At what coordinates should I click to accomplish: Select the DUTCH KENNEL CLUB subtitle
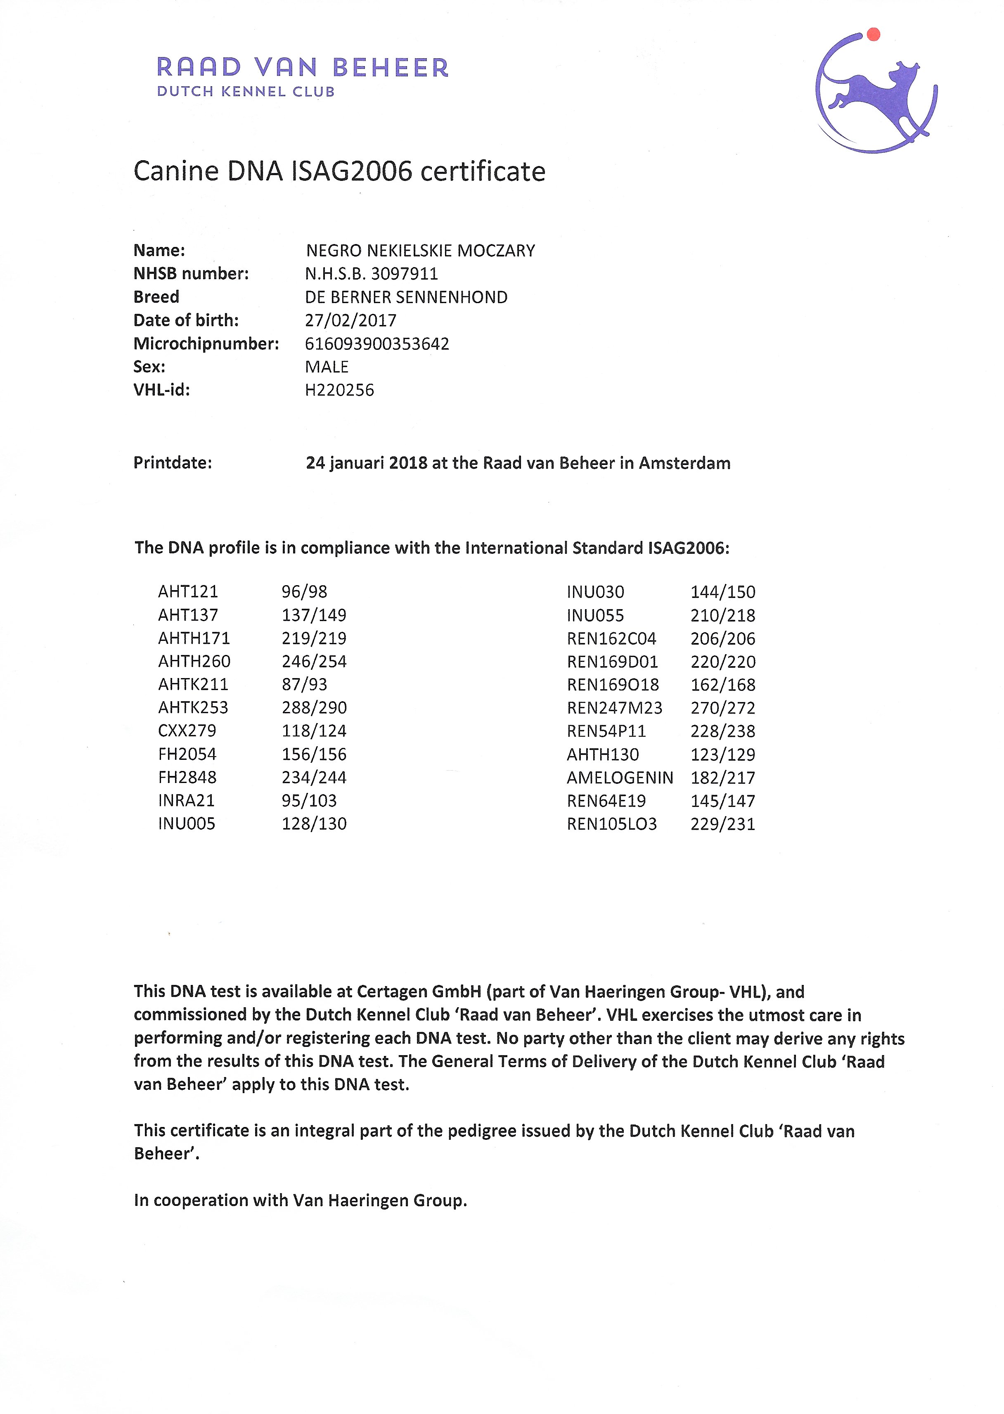pyautogui.click(x=246, y=92)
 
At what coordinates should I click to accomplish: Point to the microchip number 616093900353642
pyautogui.click(x=376, y=344)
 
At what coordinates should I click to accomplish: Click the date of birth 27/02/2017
pyautogui.click(x=350, y=320)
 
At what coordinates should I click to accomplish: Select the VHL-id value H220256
pyautogui.click(x=339, y=390)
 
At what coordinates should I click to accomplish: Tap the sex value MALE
pyautogui.click(x=327, y=367)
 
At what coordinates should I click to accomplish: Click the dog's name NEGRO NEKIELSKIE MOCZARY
pyautogui.click(x=420, y=250)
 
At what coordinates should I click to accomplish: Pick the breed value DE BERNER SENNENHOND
pyautogui.click(x=406, y=297)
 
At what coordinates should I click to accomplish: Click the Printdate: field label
pyautogui.click(x=173, y=463)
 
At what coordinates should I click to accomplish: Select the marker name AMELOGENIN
pyautogui.click(x=620, y=778)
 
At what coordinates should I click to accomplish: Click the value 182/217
pyautogui.click(x=723, y=778)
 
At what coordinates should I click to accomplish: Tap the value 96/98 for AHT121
pyautogui.click(x=304, y=592)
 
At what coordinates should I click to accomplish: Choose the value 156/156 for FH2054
pyautogui.click(x=314, y=754)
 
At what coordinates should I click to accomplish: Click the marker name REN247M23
pyautogui.click(x=615, y=708)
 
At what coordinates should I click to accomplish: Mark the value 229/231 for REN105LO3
pyautogui.click(x=723, y=824)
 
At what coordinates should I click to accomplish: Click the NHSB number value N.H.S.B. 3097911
pyautogui.click(x=372, y=274)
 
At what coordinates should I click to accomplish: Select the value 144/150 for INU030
pyautogui.click(x=723, y=592)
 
